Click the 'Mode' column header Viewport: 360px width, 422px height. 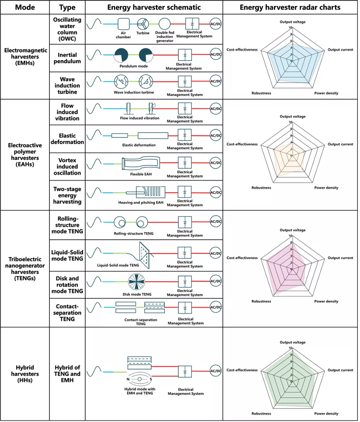pos(25,7)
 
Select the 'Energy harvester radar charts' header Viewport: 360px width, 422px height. pos(290,7)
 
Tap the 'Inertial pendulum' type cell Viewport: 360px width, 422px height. pos(67,58)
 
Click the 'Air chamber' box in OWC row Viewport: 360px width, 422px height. pos(124,24)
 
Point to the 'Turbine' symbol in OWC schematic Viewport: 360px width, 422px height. pos(143,24)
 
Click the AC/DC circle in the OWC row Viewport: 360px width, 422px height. pos(216,24)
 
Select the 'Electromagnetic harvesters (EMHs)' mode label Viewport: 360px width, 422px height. pos(25,57)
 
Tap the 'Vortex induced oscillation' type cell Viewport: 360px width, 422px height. pos(67,166)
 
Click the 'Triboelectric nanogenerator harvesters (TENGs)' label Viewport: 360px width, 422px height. pos(25,269)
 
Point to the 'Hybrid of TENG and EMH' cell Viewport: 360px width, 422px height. pos(67,374)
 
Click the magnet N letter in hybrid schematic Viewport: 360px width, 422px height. pos(128,380)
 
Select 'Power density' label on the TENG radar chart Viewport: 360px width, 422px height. pos(326,301)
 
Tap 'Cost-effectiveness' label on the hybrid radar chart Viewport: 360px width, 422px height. pos(242,370)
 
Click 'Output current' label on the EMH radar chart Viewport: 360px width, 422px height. pos(340,50)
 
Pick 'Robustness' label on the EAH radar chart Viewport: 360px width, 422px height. pos(261,188)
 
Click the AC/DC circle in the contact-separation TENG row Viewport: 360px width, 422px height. pos(216,308)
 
